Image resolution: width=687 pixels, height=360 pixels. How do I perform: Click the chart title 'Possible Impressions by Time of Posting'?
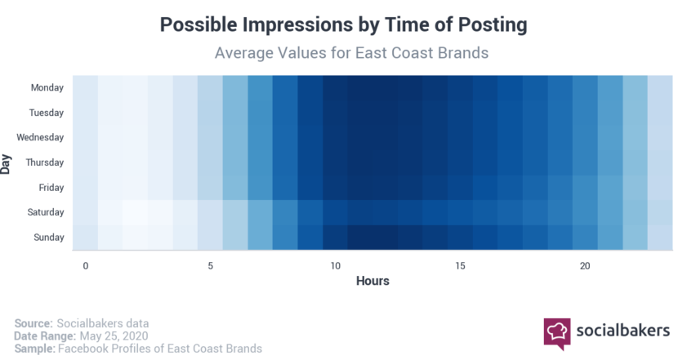(x=343, y=24)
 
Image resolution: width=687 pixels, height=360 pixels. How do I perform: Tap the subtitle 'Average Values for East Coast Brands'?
(x=351, y=53)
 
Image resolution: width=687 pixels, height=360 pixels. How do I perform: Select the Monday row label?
(x=47, y=87)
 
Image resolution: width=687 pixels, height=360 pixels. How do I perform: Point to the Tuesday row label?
(x=47, y=113)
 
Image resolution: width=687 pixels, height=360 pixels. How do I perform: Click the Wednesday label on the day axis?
(x=40, y=137)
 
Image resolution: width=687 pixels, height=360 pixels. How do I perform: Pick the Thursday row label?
(x=45, y=162)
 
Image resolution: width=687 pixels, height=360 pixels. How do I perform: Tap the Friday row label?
(x=51, y=188)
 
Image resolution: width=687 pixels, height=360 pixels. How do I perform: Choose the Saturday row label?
(x=46, y=212)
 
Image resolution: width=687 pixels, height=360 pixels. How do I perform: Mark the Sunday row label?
(x=49, y=238)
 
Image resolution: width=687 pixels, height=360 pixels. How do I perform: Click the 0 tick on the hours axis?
(x=86, y=266)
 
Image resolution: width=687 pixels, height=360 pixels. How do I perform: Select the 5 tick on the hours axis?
(x=210, y=266)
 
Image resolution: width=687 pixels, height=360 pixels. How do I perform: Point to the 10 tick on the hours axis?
(x=335, y=266)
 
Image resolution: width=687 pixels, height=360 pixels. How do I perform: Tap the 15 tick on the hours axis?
(x=460, y=266)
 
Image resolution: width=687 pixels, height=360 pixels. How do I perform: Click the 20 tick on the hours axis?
(x=585, y=266)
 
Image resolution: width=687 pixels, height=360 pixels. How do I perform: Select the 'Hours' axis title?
(x=372, y=281)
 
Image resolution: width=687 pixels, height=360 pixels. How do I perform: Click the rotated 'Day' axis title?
(x=6, y=164)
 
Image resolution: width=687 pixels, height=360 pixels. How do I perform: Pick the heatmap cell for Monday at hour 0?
(x=85, y=87)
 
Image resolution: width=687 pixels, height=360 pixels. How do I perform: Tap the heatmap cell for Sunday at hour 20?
(x=585, y=238)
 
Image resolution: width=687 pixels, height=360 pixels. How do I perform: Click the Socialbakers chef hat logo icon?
(x=557, y=333)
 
